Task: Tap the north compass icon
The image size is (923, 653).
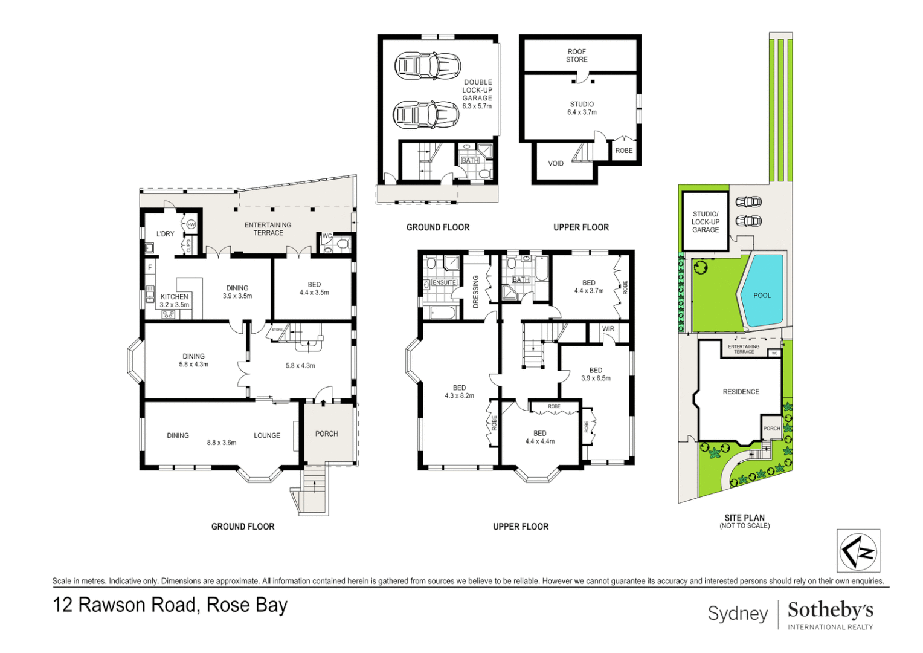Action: [x=858, y=550]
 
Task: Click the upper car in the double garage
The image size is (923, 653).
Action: [x=427, y=65]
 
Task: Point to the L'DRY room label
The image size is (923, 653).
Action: [x=165, y=234]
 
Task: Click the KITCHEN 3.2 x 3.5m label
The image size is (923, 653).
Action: [x=174, y=301]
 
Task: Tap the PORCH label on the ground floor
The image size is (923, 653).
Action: [x=326, y=434]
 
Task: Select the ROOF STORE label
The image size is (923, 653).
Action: [x=576, y=56]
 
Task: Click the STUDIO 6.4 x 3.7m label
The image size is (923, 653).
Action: [x=582, y=108]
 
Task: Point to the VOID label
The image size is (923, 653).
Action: [x=556, y=163]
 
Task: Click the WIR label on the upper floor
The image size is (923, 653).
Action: [x=608, y=329]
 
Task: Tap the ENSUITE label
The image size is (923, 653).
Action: [x=444, y=282]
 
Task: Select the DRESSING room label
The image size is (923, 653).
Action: [x=475, y=291]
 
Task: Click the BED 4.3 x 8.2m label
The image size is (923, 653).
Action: [x=459, y=392]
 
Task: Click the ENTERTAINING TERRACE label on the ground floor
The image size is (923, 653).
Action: [x=268, y=229]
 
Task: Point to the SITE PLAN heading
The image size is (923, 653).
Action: [x=744, y=518]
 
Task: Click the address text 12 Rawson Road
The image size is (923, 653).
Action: [x=170, y=605]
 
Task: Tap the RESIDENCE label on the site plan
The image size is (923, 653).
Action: [x=741, y=392]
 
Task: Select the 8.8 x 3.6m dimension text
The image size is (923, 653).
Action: [x=221, y=443]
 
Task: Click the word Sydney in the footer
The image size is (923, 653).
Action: [x=737, y=613]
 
